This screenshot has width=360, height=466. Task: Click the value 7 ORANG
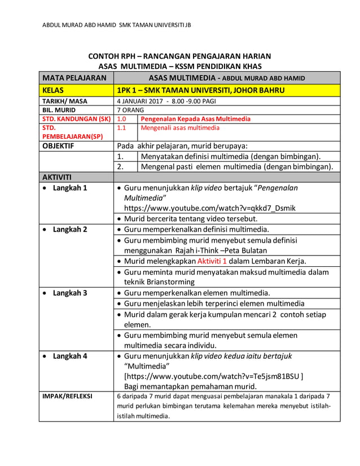click(x=130, y=110)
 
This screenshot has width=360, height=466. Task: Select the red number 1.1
click(x=121, y=128)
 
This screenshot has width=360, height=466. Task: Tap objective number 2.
click(x=120, y=166)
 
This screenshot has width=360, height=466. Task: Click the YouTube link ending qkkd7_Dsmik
click(x=209, y=208)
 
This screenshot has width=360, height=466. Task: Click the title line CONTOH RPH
click(x=179, y=56)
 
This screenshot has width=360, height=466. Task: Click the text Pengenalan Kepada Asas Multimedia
click(x=195, y=119)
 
